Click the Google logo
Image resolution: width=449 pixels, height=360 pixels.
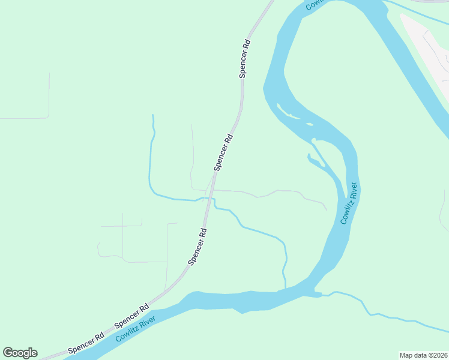coord(20,353)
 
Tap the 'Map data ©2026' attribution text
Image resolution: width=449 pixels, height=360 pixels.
coord(423,355)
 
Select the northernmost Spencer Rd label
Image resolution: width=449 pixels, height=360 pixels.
coord(244,59)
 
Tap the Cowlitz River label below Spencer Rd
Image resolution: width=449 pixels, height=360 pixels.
coord(136,328)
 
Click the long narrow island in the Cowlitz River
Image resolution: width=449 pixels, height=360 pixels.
coord(294,113)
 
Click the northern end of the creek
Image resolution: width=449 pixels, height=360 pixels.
coord(153,116)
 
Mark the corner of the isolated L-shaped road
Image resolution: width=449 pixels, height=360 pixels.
coord(49,118)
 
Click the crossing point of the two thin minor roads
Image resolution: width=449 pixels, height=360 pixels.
coord(122,226)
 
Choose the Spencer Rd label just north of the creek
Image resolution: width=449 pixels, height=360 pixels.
coord(223,152)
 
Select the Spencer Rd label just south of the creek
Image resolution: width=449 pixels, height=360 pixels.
coord(197,246)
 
